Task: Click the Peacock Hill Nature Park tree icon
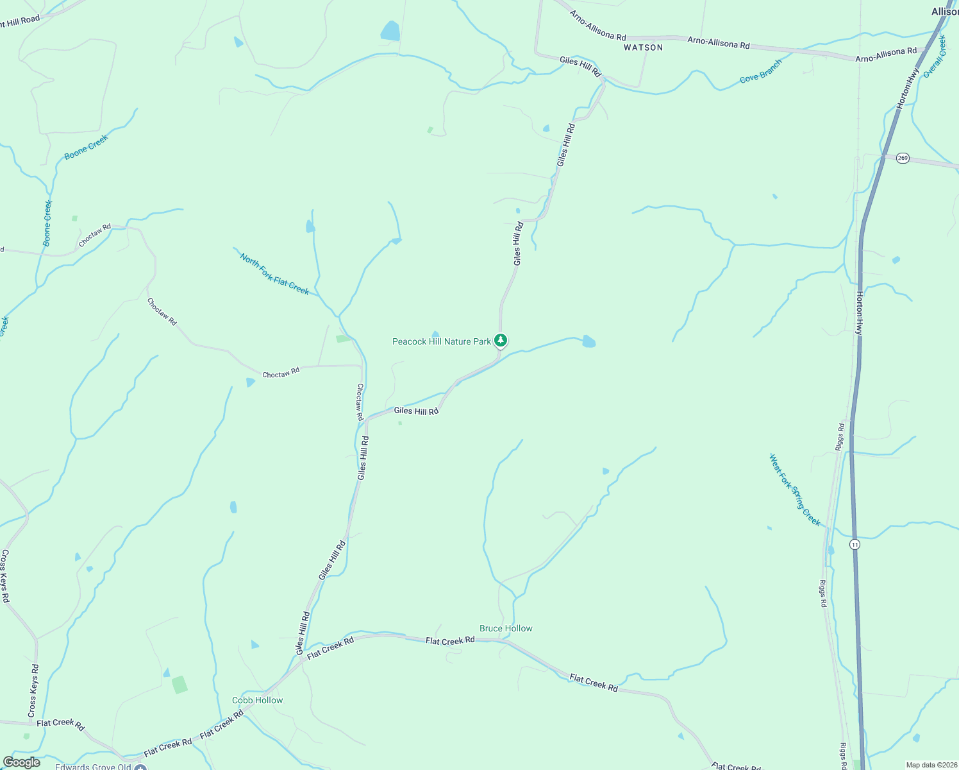(501, 341)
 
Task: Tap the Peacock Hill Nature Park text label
(441, 342)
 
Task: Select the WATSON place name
(643, 47)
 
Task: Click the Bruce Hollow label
(506, 629)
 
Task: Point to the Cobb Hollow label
(257, 701)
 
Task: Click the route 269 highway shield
(903, 158)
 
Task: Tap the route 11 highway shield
(854, 544)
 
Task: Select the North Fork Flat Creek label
(274, 274)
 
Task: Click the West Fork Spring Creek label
(795, 490)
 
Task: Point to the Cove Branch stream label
(761, 71)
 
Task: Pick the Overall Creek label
(935, 57)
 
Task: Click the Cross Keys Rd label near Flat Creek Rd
(33, 690)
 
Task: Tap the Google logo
(22, 762)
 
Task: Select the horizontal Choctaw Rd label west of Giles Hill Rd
(281, 373)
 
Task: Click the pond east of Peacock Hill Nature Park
(588, 341)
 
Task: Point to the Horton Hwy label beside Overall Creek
(908, 88)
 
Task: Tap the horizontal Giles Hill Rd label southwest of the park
(416, 411)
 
